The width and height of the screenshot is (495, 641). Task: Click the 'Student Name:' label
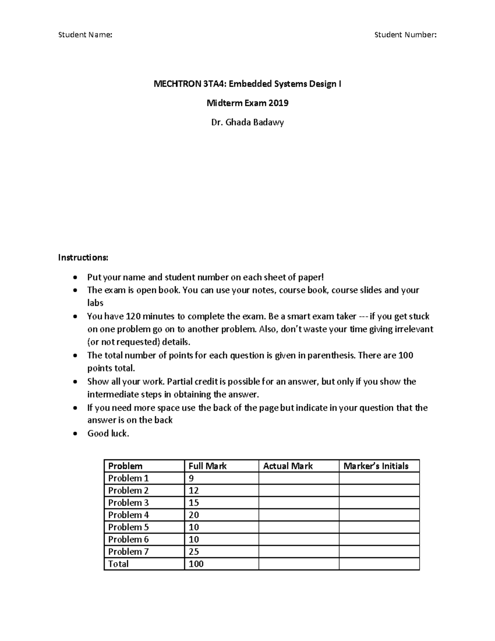[x=85, y=35]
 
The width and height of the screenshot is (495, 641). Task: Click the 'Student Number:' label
[x=405, y=35]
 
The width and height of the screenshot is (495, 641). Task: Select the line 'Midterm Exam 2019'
[x=247, y=103]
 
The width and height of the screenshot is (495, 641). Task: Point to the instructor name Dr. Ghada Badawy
[x=247, y=123]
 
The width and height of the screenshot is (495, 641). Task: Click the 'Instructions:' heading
[x=83, y=258]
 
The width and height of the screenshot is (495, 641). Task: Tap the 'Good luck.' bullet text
[x=108, y=433]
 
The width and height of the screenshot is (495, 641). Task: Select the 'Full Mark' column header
[x=207, y=466]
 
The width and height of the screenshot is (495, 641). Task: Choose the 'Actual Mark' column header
[x=288, y=466]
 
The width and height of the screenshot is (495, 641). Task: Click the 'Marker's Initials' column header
[x=376, y=466]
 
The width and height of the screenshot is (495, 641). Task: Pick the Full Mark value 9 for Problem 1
[x=191, y=478]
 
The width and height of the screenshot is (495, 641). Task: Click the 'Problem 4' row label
[x=128, y=515]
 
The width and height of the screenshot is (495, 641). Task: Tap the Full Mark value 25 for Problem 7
[x=194, y=551]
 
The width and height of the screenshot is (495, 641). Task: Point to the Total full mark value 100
[x=196, y=564]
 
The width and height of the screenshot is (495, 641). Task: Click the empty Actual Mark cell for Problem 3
[x=299, y=503]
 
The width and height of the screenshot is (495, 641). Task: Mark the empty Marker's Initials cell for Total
[x=379, y=564]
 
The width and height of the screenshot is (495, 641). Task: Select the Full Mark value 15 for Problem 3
[x=194, y=503]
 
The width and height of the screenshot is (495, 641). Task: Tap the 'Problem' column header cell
[x=125, y=466]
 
